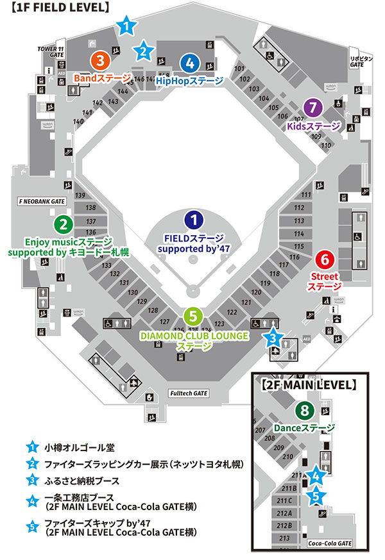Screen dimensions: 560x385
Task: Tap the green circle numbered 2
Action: [63, 224]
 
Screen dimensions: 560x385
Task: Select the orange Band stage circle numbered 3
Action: [100, 61]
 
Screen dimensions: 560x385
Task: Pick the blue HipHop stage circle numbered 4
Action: [190, 63]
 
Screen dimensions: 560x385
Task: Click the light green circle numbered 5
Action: [193, 317]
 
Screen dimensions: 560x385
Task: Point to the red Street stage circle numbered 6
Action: [325, 259]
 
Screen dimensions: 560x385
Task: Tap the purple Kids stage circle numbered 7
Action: [312, 108]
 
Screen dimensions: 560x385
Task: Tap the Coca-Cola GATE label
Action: [330, 543]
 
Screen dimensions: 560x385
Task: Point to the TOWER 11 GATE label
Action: [53, 52]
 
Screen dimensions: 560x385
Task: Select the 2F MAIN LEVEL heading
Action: [309, 386]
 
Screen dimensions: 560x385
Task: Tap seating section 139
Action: [81, 195]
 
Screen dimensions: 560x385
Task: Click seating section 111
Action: [306, 195]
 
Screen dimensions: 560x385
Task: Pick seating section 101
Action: [240, 69]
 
